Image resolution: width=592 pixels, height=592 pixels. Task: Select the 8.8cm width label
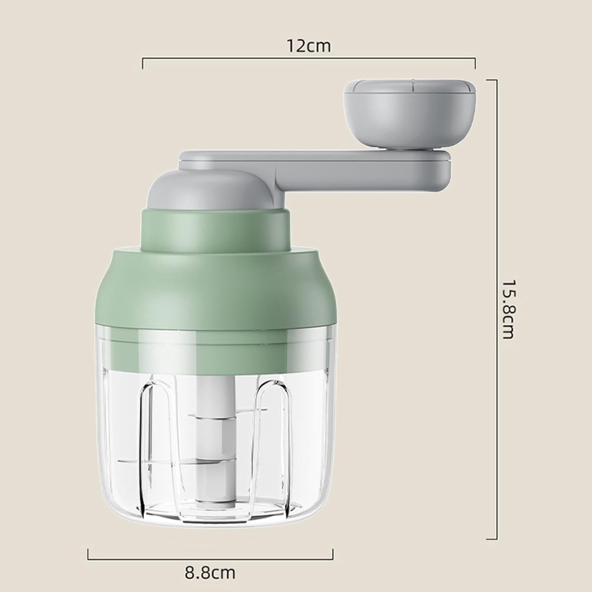click(210, 573)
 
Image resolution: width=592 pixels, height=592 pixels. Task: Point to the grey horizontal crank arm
click(347, 168)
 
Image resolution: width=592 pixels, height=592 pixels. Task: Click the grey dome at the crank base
click(208, 191)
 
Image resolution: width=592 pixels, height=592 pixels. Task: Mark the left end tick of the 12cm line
click(143, 62)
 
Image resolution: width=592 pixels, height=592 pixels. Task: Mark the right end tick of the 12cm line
click(475, 62)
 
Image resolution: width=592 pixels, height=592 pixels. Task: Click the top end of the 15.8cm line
click(491, 80)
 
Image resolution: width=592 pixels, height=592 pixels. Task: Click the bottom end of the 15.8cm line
click(491, 539)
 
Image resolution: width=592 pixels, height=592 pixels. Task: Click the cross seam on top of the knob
click(412, 86)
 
